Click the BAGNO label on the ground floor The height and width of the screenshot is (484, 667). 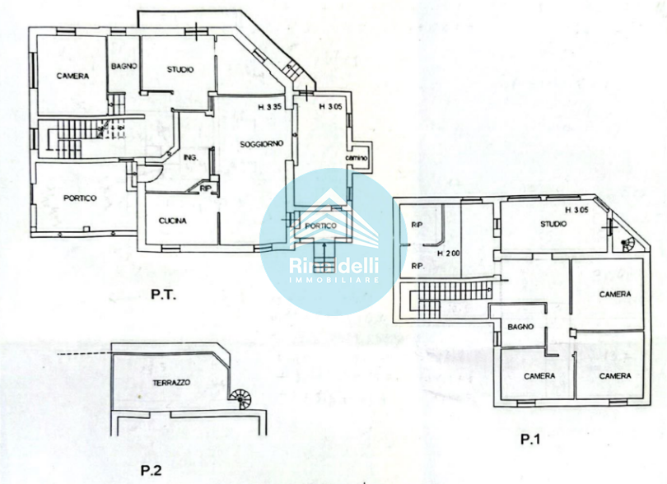click(x=124, y=67)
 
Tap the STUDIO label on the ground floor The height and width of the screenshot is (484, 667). click(x=180, y=70)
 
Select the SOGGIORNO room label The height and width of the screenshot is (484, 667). click(x=262, y=144)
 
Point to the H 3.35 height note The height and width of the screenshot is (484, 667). click(x=270, y=107)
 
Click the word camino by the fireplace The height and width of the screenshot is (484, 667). click(x=356, y=158)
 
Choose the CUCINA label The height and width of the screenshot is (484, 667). click(x=173, y=221)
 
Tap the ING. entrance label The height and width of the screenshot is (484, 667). click(x=190, y=157)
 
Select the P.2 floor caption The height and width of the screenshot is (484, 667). click(x=151, y=470)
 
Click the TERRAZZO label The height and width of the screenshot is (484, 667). click(x=172, y=384)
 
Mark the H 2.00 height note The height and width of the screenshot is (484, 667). click(x=448, y=253)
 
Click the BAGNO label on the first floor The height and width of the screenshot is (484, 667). click(x=520, y=327)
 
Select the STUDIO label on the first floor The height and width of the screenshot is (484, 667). click(x=554, y=224)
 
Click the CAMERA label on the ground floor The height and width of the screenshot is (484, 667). click(x=72, y=77)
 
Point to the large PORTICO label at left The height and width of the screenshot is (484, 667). click(x=80, y=198)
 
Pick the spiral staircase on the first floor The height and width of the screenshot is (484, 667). click(x=624, y=245)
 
